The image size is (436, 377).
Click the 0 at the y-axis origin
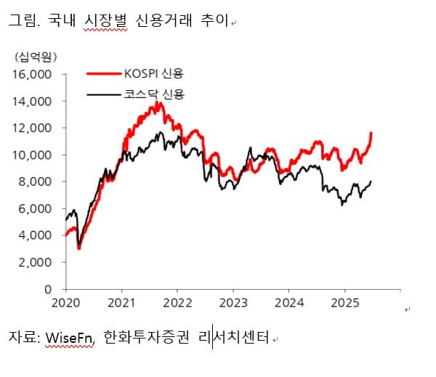click(48, 289)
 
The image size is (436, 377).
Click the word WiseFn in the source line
click(70, 338)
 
